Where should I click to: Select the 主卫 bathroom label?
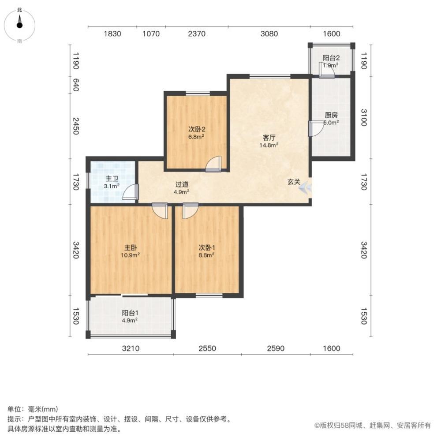(112, 179)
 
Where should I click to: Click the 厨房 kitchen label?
(331, 115)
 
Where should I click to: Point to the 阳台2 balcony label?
(331, 58)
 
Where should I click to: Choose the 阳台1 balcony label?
(130, 314)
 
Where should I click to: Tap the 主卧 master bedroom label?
(130, 247)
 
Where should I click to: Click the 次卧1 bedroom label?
(206, 247)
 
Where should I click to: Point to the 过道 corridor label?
(182, 185)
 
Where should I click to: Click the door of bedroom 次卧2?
(213, 164)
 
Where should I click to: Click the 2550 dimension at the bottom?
(207, 348)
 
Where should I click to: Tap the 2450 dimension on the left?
(76, 126)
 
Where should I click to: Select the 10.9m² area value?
(130, 254)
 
